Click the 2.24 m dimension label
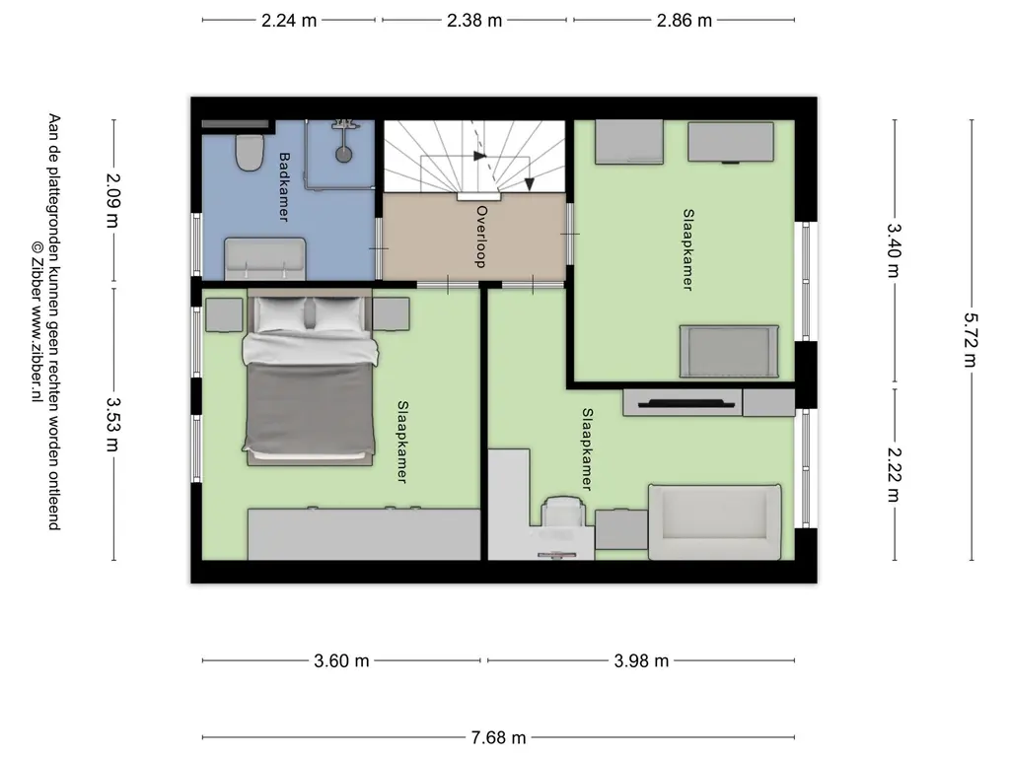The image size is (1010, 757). coord(289,21)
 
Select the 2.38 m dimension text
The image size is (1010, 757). coord(474,21)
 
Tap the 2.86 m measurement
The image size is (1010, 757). coord(685,21)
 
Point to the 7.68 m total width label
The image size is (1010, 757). coord(498,737)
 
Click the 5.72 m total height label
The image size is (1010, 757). coord(971,340)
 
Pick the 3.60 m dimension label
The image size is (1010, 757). coord(341,660)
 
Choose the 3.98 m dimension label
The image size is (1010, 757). coord(641,660)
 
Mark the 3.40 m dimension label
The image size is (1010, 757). coord(894,249)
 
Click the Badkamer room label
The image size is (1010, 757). coord(283,186)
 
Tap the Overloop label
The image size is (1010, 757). coord(480,237)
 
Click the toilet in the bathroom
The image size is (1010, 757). coord(250,152)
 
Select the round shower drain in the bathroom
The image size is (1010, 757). coord(343,154)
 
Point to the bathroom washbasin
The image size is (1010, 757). coord(264,259)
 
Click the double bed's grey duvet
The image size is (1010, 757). coord(309,405)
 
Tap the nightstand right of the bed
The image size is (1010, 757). coord(391,314)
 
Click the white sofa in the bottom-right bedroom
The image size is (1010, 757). coord(715,522)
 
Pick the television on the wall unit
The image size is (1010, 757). coord(686,403)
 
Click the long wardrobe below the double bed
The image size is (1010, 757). coord(364,534)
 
